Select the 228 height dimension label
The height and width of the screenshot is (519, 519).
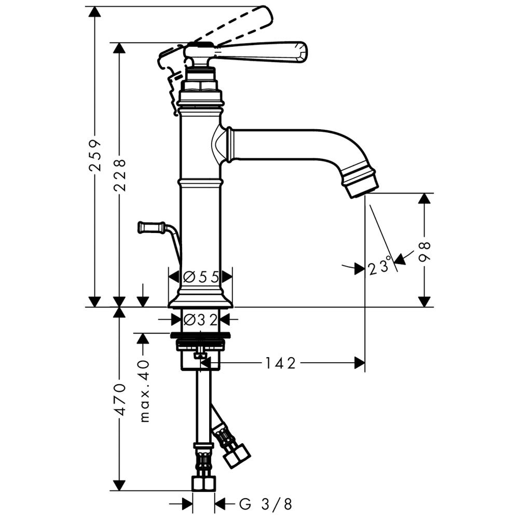tap(119, 175)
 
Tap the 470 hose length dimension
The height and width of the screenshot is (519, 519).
tap(119, 400)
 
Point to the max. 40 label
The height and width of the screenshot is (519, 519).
tap(144, 391)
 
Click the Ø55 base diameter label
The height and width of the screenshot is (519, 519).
tap(200, 277)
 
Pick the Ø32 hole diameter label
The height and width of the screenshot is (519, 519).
tap(200, 320)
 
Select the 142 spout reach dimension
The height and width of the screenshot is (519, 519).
tap(280, 363)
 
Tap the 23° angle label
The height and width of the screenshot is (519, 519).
tap(380, 266)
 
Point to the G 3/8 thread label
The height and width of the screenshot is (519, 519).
tap(265, 504)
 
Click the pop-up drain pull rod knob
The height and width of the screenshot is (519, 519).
tap(151, 227)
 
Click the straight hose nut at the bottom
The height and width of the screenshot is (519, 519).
tap(203, 483)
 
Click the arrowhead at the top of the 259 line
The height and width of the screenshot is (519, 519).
tap(95, 12)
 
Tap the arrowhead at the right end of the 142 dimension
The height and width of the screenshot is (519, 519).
tap(359, 363)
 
